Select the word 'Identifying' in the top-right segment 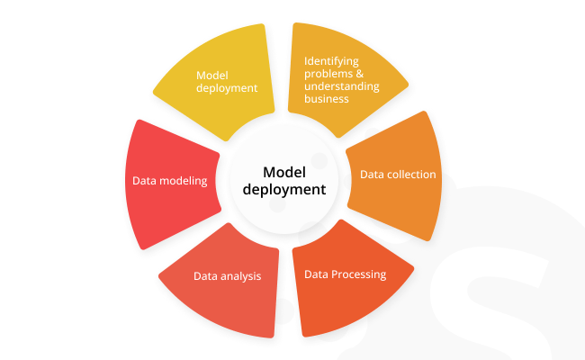click(330, 61)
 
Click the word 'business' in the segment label click(326, 99)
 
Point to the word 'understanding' click(341, 86)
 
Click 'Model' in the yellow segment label click(211, 76)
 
